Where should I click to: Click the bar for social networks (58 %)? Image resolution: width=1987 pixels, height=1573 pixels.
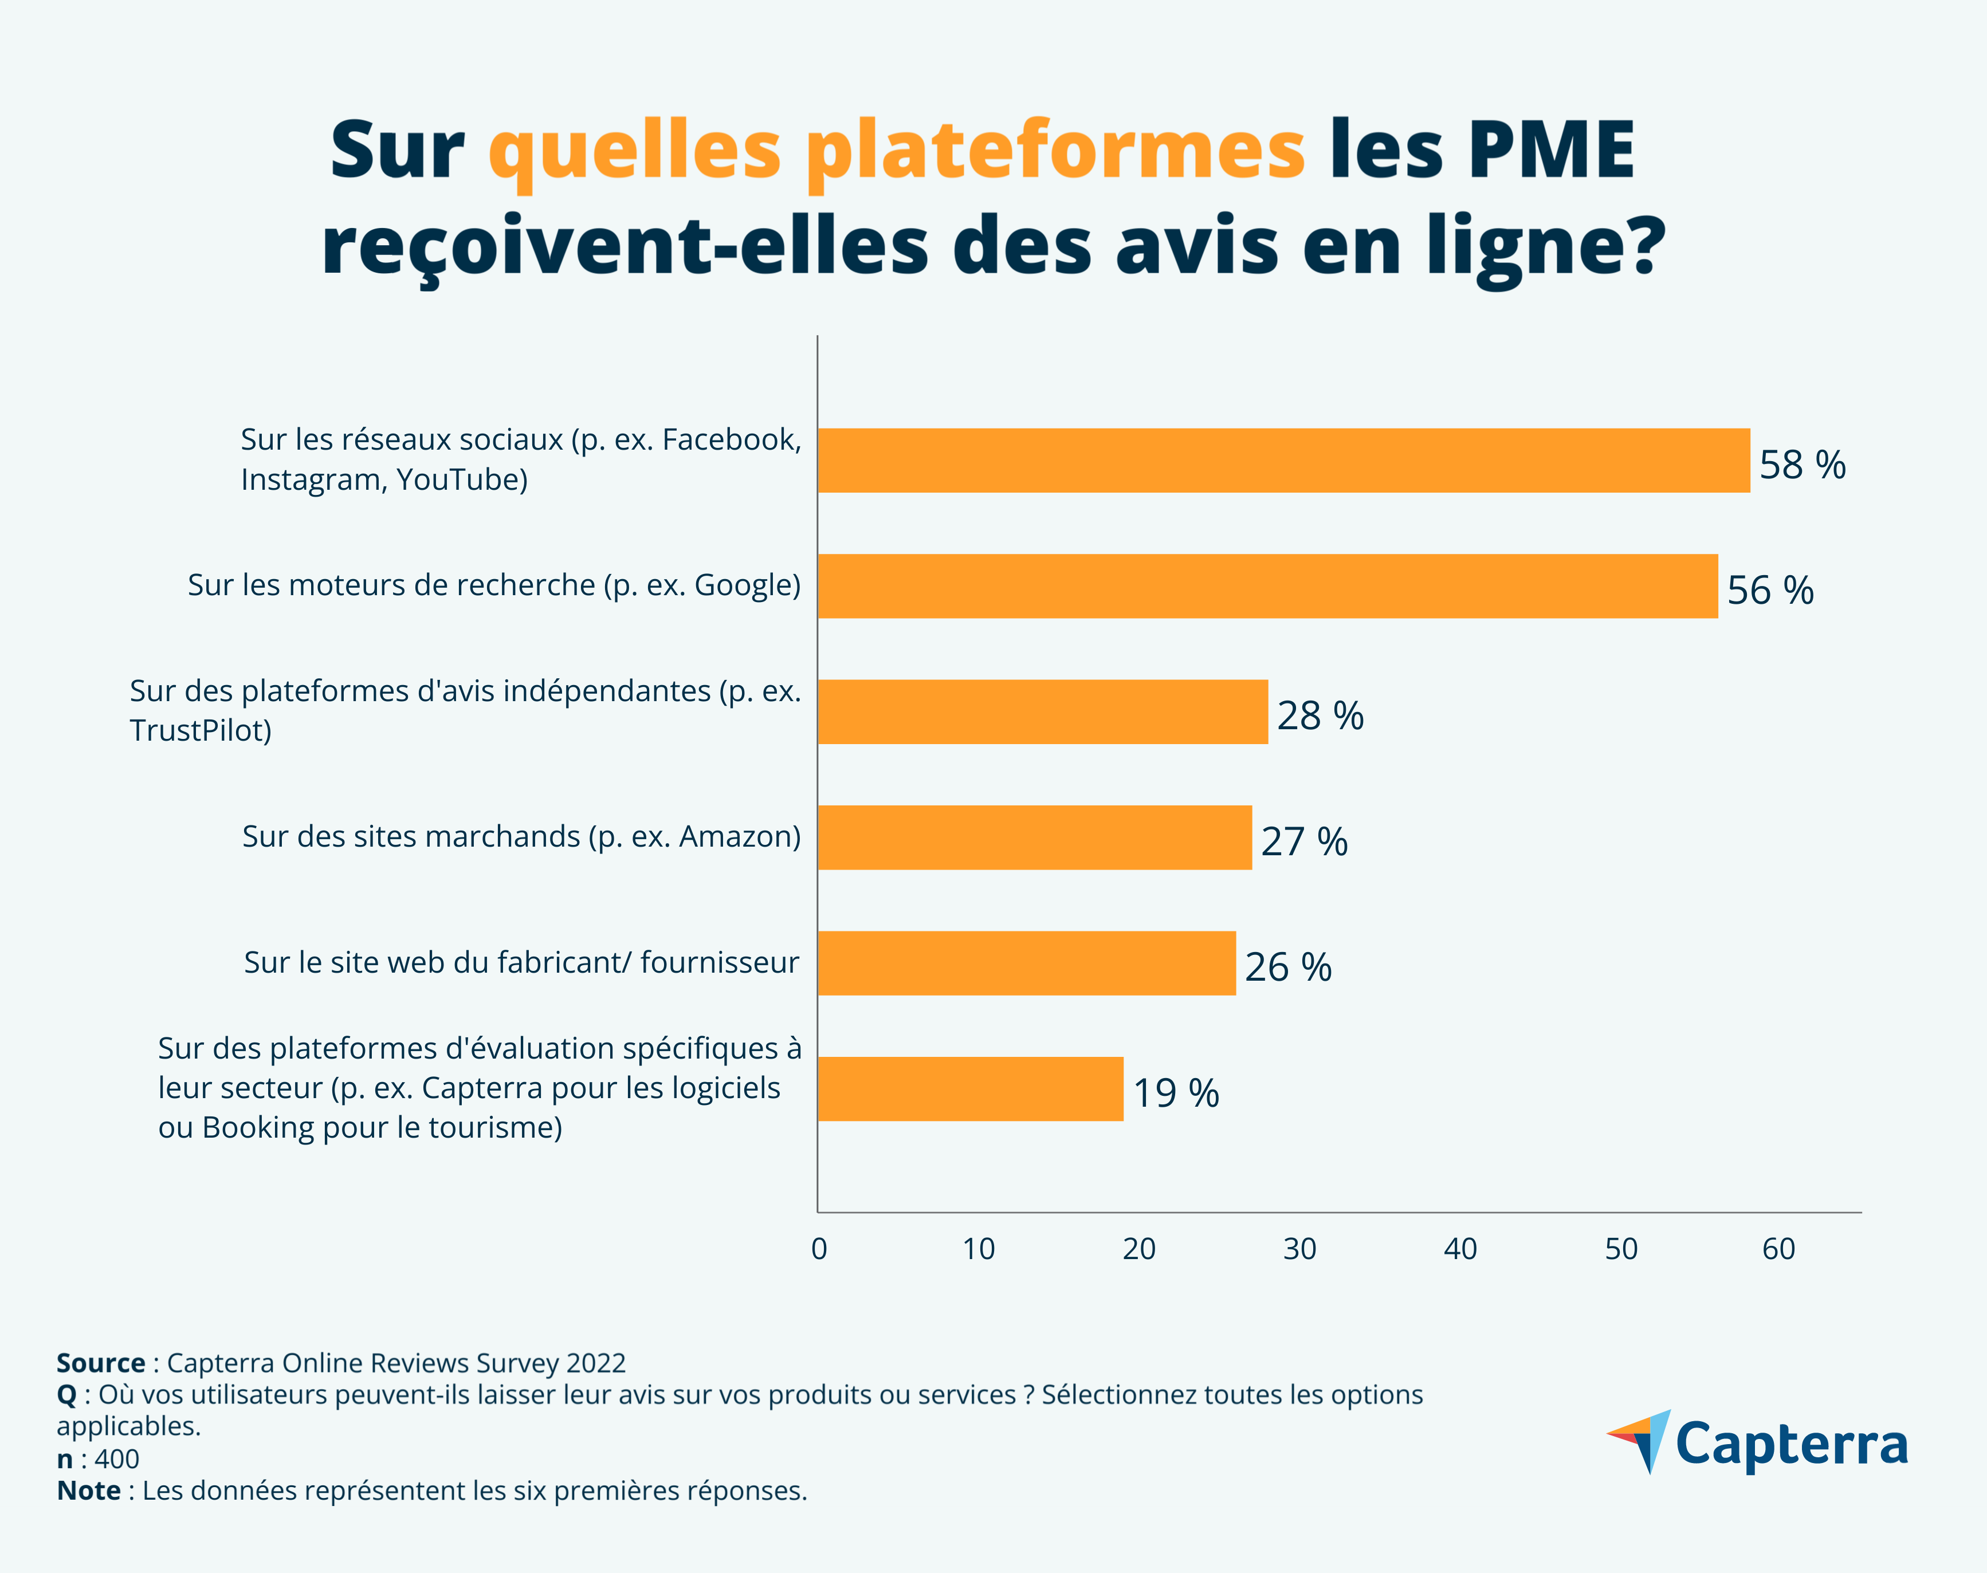click(x=1283, y=461)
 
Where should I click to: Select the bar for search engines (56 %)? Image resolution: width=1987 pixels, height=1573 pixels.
click(x=1267, y=586)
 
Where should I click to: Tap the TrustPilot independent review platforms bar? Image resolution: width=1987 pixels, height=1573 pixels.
click(x=1043, y=712)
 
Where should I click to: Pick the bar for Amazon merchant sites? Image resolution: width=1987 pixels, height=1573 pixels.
click(x=1035, y=837)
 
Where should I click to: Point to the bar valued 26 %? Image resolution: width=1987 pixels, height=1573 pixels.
click(x=1026, y=964)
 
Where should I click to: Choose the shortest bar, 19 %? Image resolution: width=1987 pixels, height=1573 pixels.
click(x=970, y=1088)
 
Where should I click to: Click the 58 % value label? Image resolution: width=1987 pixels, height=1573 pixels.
click(x=1802, y=465)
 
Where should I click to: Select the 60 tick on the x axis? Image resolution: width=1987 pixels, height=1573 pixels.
click(x=1778, y=1250)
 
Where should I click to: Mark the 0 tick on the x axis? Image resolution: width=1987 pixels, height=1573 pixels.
click(x=819, y=1250)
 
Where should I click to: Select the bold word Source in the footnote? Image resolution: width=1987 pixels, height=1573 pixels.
click(x=100, y=1363)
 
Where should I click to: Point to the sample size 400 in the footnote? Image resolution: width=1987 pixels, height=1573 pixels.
click(x=117, y=1459)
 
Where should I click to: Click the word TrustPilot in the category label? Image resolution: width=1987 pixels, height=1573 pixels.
click(x=200, y=730)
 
